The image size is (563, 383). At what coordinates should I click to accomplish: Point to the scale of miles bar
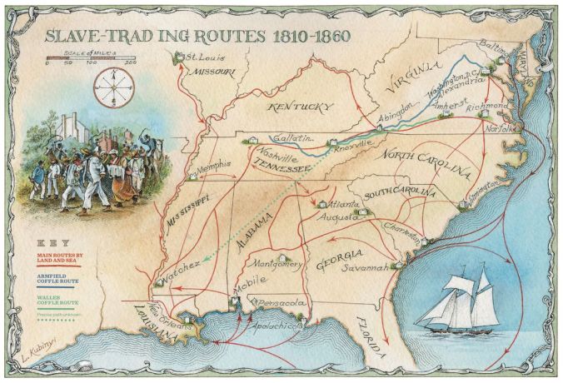[x=92, y=59]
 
